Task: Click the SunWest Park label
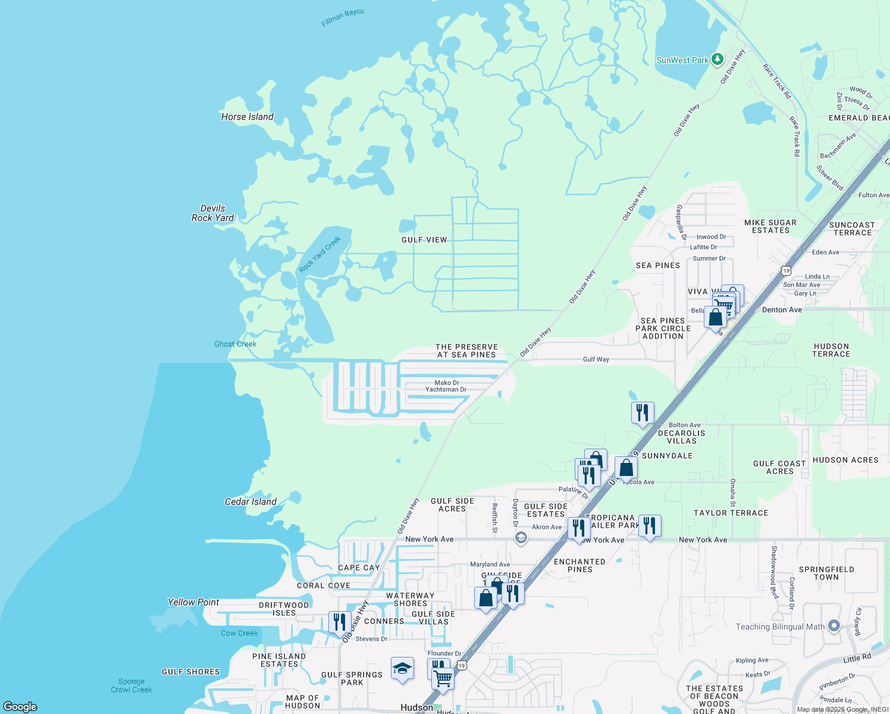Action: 682,60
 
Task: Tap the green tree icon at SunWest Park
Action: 717,59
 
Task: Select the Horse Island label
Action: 247,117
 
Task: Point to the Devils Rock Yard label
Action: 213,213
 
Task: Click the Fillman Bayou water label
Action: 343,17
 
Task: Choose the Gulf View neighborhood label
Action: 424,240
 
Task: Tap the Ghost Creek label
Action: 235,344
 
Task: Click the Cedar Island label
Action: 250,502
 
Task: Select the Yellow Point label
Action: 193,602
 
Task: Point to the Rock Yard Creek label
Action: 320,254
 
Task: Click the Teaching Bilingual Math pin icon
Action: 834,626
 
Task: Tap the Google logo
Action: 20,706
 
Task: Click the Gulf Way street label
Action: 596,359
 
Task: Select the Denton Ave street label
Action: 782,310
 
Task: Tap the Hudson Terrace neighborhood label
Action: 831,350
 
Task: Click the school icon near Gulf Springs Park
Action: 402,668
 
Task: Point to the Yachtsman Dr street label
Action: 446,390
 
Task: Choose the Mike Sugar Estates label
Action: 770,226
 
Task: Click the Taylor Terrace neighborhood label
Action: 731,513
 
